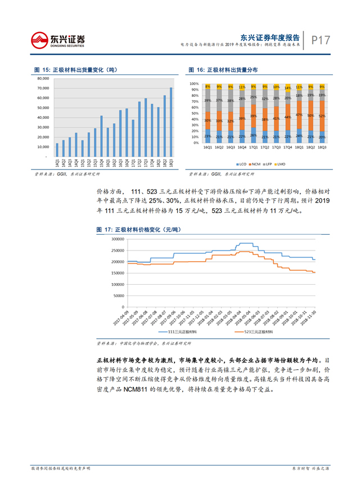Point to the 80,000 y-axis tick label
click(44, 79)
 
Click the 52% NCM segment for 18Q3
click(322, 115)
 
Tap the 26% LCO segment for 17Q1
click(253, 135)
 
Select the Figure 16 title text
click(223, 70)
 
